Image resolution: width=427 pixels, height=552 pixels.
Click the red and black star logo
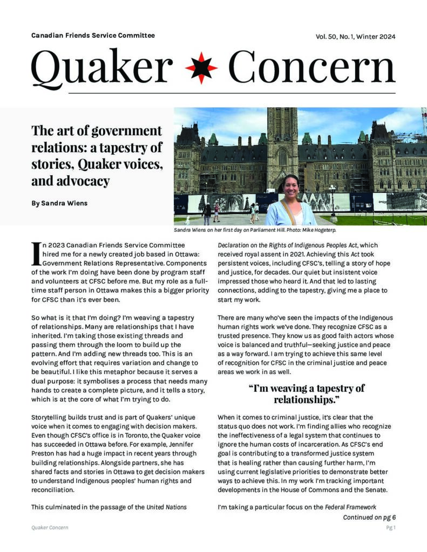pos(201,68)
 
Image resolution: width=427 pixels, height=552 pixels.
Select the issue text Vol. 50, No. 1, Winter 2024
pos(355,37)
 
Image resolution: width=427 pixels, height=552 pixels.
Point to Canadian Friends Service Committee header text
pos(93,36)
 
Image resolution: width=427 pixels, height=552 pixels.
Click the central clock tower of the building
pos(282,140)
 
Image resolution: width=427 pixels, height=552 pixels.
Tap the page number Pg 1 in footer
pos(390,528)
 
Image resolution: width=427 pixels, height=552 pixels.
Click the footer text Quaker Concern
pos(50,528)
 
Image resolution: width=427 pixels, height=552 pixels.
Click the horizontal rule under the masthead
pos(213,93)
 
